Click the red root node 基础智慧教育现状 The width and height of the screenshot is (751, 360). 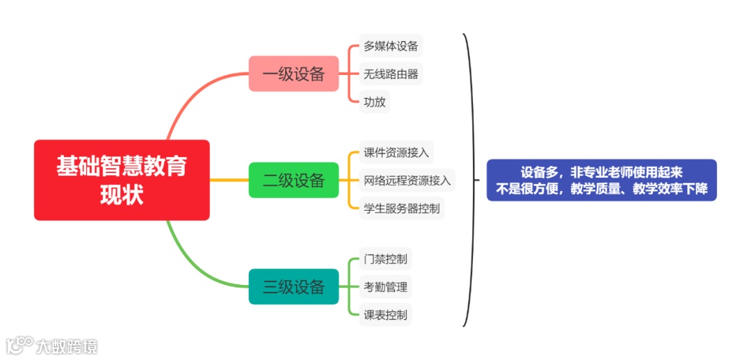pos(122,180)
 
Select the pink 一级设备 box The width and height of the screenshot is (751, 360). pos(293,74)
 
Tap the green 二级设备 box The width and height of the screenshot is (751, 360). pos(293,180)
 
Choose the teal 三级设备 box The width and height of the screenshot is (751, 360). pos(293,286)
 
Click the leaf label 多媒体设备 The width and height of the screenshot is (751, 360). pos(391,47)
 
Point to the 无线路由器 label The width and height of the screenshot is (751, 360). pos(391,74)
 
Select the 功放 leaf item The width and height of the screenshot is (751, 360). pos(374,101)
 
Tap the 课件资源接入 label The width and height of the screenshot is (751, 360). pos(396,153)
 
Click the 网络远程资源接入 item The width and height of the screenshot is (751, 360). pos(407,181)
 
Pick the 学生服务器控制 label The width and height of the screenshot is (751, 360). pos(401,208)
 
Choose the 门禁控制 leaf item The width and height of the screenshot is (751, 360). pos(385,259)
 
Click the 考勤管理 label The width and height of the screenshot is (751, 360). pos(385,286)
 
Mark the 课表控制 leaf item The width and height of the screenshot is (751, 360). pos(385,314)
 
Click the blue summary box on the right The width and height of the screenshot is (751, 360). pos(601,180)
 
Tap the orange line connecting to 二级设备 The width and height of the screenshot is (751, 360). pos(229,181)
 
